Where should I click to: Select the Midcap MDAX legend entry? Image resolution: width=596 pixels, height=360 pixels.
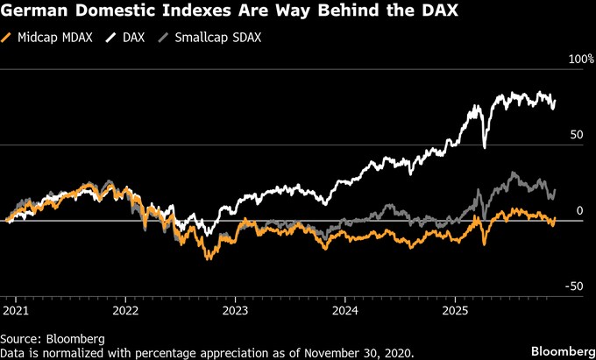click(x=49, y=38)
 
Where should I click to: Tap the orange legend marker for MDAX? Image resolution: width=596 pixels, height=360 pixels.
click(x=7, y=38)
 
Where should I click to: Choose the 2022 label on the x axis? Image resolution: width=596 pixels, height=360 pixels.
click(x=126, y=309)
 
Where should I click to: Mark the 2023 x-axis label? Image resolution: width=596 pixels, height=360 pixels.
click(x=236, y=309)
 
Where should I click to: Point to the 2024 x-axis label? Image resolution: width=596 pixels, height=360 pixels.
click(x=345, y=309)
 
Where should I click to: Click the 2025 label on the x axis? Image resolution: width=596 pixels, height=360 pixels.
click(x=455, y=309)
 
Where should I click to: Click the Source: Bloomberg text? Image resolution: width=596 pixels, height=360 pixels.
click(x=53, y=338)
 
